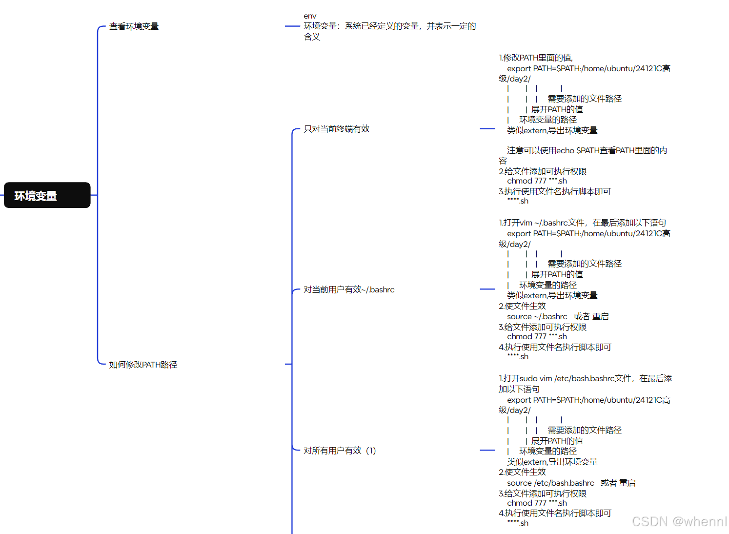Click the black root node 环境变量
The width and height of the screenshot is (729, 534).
click(x=47, y=195)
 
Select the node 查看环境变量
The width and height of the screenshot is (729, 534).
click(x=134, y=26)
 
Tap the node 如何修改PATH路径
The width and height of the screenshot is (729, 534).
click(x=143, y=365)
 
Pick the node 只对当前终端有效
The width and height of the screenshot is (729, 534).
click(x=336, y=129)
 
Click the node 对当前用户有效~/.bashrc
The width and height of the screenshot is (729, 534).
click(x=348, y=289)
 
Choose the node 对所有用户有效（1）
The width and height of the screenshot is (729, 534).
click(x=340, y=451)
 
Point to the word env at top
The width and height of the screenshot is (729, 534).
click(x=310, y=16)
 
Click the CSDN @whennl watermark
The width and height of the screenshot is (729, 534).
click(x=679, y=521)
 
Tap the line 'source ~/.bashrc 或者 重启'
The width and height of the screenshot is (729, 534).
click(x=557, y=316)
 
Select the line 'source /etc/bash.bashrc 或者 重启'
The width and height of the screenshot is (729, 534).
click(x=571, y=483)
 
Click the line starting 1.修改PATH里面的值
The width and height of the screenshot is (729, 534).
click(x=535, y=58)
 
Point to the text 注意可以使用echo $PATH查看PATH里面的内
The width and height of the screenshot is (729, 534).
click(x=587, y=150)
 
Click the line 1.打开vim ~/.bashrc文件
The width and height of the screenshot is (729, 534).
click(x=582, y=223)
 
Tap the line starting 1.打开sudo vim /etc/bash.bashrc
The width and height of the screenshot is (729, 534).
click(x=585, y=378)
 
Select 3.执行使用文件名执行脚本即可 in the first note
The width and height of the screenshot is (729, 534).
click(x=554, y=191)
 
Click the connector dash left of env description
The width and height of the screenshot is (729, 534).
click(x=292, y=26)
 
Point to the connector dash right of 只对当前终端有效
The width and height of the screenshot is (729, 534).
click(x=487, y=128)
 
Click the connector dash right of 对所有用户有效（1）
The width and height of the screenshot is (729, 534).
click(x=487, y=450)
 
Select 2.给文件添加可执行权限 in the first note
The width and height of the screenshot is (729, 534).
click(x=542, y=171)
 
